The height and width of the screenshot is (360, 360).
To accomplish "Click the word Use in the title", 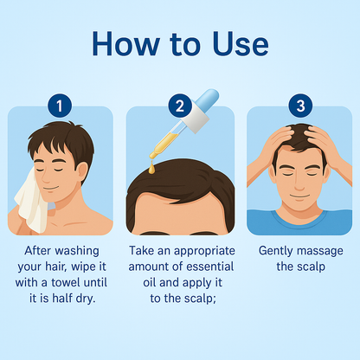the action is [241, 44].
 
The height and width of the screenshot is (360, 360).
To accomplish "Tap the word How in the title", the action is [125, 44].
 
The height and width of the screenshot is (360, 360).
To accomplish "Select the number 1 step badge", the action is [60, 106].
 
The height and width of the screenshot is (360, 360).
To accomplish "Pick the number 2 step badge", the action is [180, 106].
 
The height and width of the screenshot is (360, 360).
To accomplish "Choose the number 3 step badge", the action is [300, 106].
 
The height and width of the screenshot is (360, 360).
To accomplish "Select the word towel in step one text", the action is [65, 282].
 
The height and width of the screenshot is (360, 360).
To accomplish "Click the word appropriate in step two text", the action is [204, 252].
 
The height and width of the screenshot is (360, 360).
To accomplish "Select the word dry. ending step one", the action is [86, 299].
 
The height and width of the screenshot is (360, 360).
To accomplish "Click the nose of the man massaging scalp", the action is [300, 183].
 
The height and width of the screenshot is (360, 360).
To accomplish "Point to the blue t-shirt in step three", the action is [299, 222].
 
